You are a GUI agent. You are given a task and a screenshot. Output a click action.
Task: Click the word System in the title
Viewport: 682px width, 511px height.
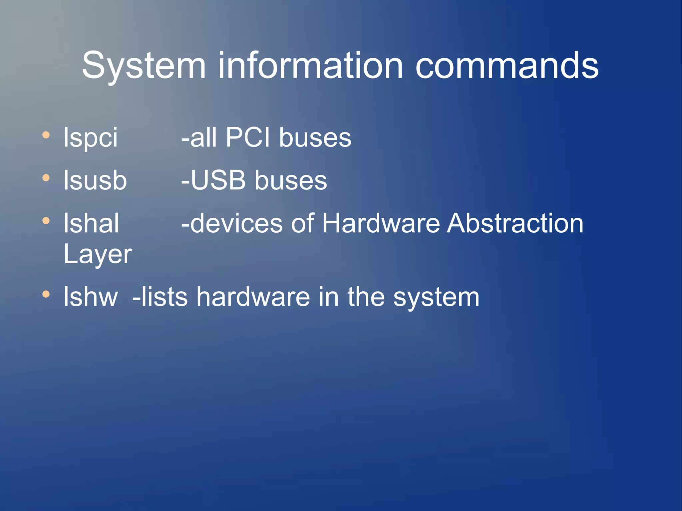point(144,66)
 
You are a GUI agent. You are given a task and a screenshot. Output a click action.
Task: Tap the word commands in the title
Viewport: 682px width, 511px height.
point(507,66)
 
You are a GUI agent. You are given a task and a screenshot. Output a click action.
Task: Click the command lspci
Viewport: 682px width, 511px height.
point(91,137)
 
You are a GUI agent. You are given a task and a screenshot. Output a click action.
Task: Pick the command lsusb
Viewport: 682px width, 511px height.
point(95,180)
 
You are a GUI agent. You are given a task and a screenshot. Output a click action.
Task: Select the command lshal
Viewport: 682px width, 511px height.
point(91,223)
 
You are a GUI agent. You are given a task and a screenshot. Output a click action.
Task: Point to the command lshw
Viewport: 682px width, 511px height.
point(91,297)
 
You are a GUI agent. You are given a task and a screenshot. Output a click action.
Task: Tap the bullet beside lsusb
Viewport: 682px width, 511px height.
point(46,178)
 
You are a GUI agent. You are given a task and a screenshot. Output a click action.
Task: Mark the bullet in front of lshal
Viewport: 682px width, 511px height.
point(46,221)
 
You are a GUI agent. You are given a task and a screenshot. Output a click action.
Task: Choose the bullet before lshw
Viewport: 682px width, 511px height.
point(46,294)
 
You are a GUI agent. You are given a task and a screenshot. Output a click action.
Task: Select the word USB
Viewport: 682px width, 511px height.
point(218,180)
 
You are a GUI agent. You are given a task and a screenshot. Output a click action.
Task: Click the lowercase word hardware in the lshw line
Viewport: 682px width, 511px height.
point(253,297)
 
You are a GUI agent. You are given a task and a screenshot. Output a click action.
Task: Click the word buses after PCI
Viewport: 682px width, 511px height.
point(315,137)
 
